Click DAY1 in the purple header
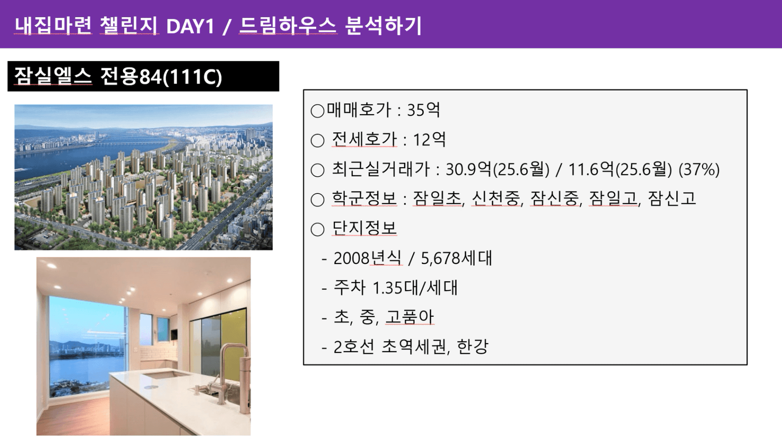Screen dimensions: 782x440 (x=190, y=26)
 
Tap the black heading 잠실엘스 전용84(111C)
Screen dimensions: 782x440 (x=118, y=76)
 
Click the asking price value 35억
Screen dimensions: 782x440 (x=423, y=109)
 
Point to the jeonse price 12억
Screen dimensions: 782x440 (x=429, y=140)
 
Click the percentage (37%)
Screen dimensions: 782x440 (x=699, y=170)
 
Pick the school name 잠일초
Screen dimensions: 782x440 (x=438, y=199)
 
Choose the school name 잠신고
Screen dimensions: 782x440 (x=672, y=199)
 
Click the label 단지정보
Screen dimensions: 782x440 (x=364, y=229)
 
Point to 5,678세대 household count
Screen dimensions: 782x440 (x=456, y=258)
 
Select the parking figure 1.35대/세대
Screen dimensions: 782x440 (x=415, y=288)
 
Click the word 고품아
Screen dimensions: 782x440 (x=409, y=317)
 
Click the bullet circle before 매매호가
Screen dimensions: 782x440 (x=317, y=111)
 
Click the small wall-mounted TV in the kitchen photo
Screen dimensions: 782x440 (x=174, y=334)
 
